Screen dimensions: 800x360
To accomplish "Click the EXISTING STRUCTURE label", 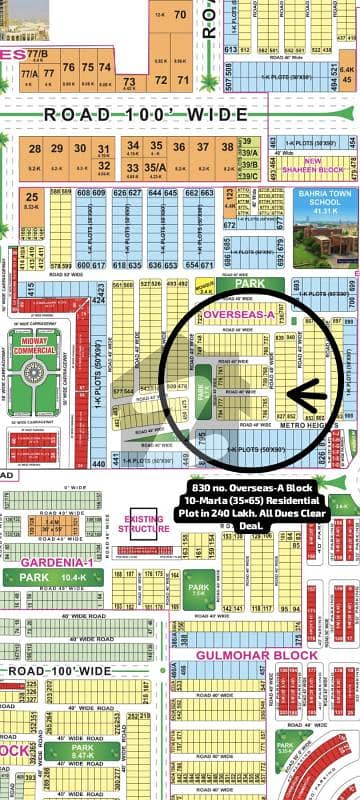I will (146, 522).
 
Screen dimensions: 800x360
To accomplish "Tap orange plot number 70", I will (180, 15).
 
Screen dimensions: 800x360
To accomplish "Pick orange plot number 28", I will (35, 148).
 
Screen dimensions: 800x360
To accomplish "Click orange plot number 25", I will (33, 197).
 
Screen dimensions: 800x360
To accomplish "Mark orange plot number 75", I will (69, 67).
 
